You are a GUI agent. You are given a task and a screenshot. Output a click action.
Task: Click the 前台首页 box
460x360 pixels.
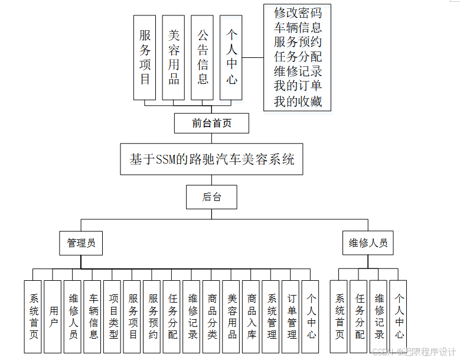click(211, 123)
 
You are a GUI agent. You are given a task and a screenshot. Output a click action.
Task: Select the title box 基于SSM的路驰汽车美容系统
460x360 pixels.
click(211, 159)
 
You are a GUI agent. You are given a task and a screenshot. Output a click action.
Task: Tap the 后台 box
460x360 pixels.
click(211, 197)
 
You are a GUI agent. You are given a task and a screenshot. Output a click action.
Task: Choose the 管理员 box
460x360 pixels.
click(81, 243)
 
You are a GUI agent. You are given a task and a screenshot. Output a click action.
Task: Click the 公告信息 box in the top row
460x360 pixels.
click(203, 57)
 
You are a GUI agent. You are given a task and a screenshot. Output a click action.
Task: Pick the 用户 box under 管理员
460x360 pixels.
click(53, 316)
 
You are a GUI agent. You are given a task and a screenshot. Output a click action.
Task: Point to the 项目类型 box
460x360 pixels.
click(113, 316)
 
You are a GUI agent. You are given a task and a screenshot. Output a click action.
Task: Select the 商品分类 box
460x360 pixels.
click(212, 316)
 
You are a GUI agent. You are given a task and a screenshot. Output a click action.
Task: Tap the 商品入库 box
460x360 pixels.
click(252, 316)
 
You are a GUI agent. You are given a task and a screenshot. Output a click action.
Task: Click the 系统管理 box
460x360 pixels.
click(272, 316)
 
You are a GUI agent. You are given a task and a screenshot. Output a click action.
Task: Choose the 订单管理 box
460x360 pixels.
click(292, 316)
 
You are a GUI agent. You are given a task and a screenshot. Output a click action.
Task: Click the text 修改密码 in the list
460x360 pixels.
click(298, 12)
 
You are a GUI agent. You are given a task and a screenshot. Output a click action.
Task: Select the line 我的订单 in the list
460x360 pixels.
click(298, 86)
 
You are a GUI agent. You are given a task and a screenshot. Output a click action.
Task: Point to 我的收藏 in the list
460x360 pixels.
click(298, 101)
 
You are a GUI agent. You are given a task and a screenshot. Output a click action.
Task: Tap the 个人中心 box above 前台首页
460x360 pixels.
click(231, 57)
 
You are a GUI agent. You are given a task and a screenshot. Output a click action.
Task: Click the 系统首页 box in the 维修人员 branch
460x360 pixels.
click(340, 316)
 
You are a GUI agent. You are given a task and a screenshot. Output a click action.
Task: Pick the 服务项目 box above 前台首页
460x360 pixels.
click(145, 57)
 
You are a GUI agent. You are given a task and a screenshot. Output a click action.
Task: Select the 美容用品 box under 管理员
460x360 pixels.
click(232, 316)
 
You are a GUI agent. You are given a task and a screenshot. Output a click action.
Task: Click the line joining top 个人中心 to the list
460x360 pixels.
click(253, 57)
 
